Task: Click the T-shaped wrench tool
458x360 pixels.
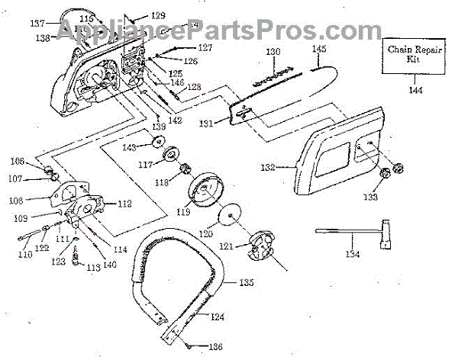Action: (x=359, y=232)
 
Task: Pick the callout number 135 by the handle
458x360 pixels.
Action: (x=246, y=282)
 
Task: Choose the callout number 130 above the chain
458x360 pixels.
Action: (x=273, y=51)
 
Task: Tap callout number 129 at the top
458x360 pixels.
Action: (x=157, y=15)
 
